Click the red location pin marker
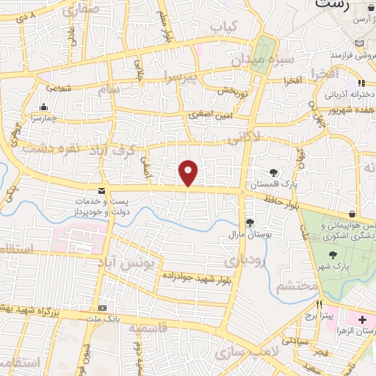point(189,173)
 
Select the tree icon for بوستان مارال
point(250,222)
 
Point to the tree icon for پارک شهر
point(335,256)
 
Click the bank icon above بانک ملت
point(102,308)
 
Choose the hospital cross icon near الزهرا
point(362,321)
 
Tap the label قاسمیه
point(148,328)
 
